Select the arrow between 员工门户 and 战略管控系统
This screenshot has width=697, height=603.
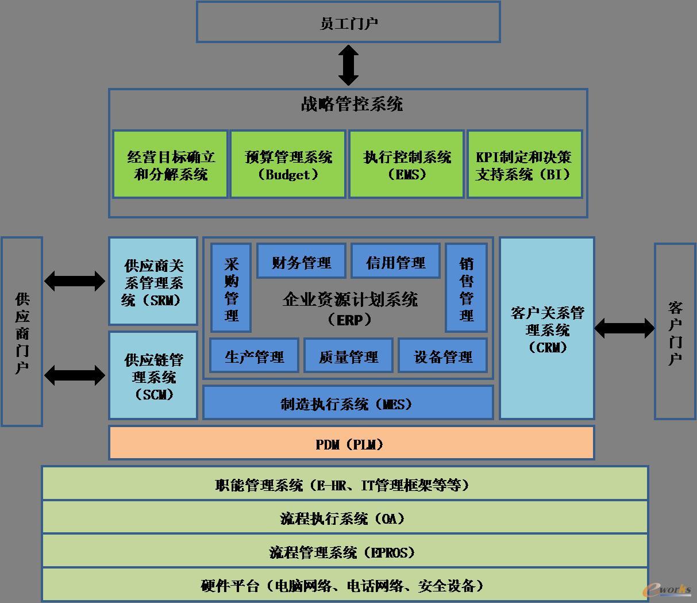[348, 65]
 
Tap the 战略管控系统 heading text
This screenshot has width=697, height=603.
[352, 104]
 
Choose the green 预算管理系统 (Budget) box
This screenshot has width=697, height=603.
[288, 165]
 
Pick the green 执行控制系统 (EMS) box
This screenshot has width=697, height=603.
[407, 165]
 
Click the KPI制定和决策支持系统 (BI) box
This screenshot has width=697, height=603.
[525, 165]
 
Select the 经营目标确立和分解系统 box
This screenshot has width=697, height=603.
[170, 165]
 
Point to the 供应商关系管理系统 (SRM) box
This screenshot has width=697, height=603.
[153, 282]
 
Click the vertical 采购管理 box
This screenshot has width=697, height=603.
[231, 289]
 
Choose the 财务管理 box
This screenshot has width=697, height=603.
[301, 262]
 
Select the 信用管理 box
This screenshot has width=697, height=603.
[395, 262]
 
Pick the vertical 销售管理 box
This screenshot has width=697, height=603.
[466, 289]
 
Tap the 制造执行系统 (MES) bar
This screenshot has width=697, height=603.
[348, 403]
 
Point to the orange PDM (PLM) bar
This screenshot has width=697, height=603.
[351, 443]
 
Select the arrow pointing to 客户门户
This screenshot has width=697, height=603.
[624, 329]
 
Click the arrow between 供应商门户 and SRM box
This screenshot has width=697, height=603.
[75, 281]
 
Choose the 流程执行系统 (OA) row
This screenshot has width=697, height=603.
[345, 518]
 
